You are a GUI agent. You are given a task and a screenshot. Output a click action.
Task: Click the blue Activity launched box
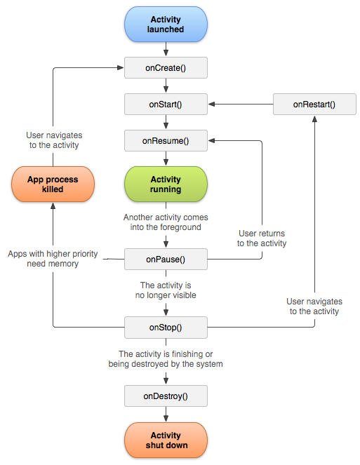(166, 25)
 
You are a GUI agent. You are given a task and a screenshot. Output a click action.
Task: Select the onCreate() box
(166, 68)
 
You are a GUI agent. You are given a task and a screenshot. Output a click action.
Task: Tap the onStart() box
(166, 104)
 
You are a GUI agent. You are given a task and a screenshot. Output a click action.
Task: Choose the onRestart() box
(314, 104)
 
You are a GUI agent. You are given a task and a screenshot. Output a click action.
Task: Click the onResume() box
(166, 140)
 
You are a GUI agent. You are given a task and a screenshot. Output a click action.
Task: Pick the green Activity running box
(166, 184)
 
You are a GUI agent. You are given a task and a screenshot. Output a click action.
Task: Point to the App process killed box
(53, 184)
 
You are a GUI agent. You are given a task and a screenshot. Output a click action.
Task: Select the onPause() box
(166, 260)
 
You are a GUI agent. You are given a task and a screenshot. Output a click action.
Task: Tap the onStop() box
(166, 328)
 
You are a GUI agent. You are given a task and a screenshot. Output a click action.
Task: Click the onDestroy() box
(166, 396)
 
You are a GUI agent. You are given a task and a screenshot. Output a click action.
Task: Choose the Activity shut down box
(166, 440)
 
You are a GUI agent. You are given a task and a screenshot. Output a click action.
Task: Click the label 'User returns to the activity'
(262, 238)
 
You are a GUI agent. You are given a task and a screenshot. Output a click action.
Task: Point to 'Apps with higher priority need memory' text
(53, 259)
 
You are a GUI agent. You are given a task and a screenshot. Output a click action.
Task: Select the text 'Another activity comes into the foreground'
(166, 222)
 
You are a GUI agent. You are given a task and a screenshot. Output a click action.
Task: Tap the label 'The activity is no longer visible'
(166, 290)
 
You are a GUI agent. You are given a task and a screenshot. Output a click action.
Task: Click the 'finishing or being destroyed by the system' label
(166, 359)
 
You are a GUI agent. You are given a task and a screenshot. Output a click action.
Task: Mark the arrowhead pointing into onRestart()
(314, 119)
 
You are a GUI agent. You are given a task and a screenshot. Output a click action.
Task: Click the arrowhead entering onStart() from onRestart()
(212, 104)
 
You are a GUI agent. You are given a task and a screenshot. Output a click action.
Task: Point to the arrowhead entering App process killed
(53, 205)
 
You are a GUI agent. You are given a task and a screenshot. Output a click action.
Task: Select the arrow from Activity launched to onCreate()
(166, 49)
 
